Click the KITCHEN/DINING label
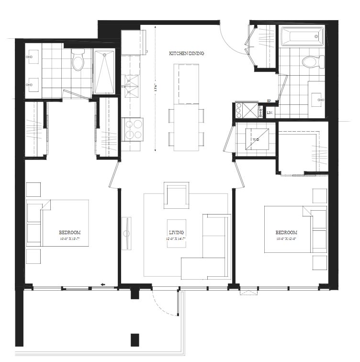click(x=187, y=54)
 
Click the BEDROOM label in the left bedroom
click(x=70, y=232)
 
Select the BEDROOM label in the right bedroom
click(x=287, y=232)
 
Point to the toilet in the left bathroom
click(x=78, y=60)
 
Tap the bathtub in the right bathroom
click(x=302, y=36)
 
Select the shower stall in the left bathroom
click(x=104, y=72)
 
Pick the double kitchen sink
click(x=130, y=85)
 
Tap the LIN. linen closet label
click(x=270, y=113)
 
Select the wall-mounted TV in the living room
click(x=126, y=233)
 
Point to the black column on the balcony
click(x=135, y=339)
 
